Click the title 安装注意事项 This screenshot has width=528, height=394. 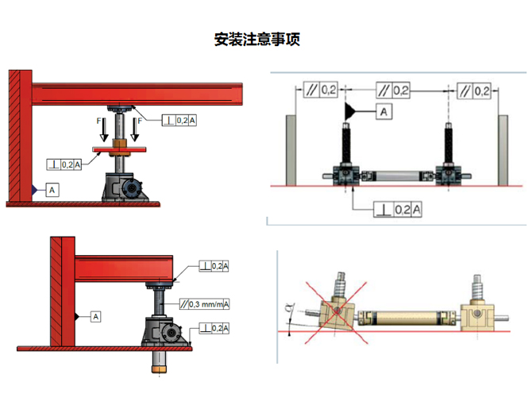(x=257, y=40)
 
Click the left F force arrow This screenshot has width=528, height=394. (x=104, y=129)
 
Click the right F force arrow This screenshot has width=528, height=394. (x=135, y=129)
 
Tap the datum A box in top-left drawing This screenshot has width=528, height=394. (x=52, y=190)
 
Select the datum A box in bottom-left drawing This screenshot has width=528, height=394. (x=96, y=316)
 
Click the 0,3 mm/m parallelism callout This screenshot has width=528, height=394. (x=204, y=304)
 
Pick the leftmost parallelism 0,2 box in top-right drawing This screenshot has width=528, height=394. (x=321, y=90)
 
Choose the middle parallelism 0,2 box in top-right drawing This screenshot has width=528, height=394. (x=393, y=91)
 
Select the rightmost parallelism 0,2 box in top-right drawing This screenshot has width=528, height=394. (x=474, y=91)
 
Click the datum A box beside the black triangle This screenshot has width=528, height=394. (x=383, y=112)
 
